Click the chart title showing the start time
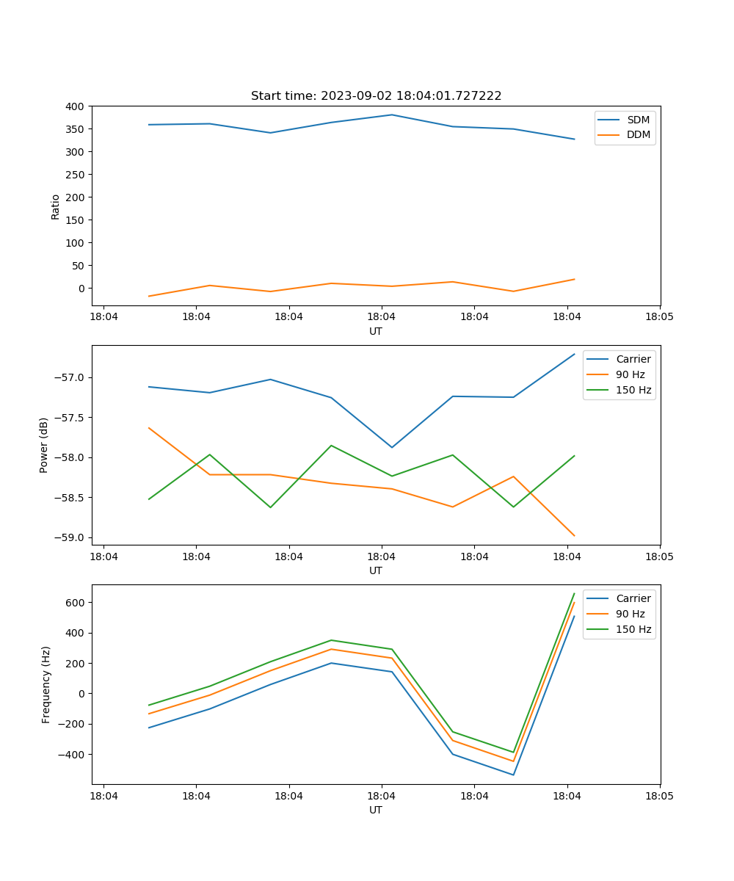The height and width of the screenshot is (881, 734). point(376,96)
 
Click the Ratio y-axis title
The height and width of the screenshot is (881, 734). point(56,206)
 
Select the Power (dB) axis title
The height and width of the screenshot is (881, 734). point(44,445)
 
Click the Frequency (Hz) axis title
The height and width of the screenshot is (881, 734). point(46,684)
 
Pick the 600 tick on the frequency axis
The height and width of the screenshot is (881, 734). point(76,603)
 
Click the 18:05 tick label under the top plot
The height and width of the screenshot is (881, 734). point(659,318)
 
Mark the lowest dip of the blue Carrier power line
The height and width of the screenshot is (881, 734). point(391,447)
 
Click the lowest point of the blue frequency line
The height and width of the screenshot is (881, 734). point(513,775)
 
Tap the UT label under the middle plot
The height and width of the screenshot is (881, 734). point(376,570)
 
